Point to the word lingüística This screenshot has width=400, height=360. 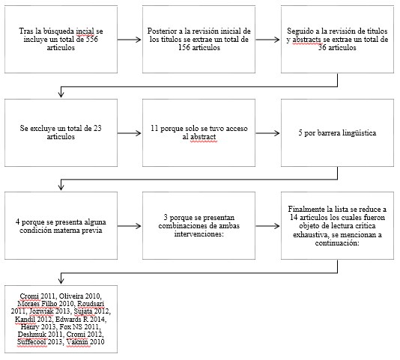(x=356, y=133)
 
